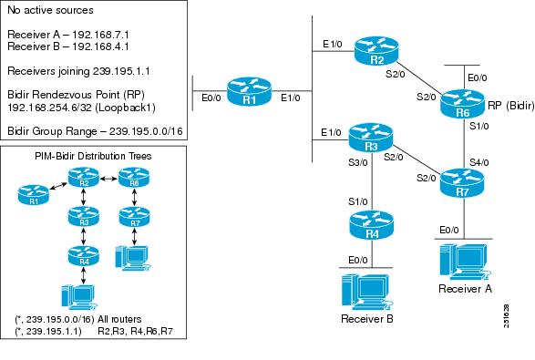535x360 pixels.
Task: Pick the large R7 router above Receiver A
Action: click(x=460, y=180)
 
